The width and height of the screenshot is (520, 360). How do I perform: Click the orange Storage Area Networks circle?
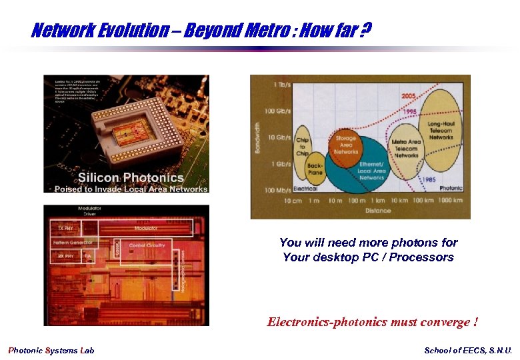(346, 146)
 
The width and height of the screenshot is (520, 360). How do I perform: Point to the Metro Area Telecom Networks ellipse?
(405, 149)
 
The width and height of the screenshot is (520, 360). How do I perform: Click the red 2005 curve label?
(409, 96)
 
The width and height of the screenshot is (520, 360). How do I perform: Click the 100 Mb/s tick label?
(279, 191)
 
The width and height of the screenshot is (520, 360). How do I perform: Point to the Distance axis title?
(378, 211)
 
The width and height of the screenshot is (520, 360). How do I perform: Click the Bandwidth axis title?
(258, 137)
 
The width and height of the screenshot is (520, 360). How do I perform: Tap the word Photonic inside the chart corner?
(451, 188)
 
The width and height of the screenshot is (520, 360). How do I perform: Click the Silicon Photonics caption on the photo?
(131, 177)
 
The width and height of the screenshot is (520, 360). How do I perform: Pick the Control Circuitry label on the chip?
(147, 245)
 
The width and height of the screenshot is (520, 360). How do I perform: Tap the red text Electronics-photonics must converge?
(372, 323)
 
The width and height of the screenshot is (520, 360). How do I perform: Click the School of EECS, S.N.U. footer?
(468, 351)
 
